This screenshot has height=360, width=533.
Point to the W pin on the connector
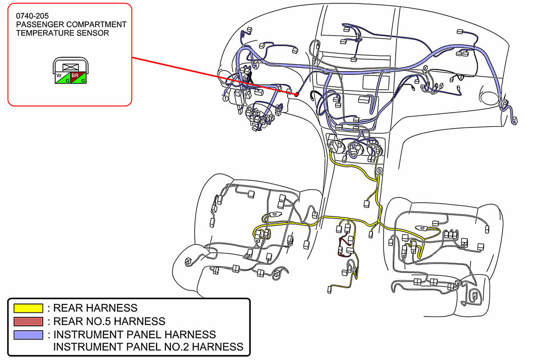coord(59,76)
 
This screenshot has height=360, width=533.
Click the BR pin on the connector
coord(75,75)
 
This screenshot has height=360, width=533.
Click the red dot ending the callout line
coord(296,94)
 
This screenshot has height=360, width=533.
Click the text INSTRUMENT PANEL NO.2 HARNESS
coord(148,347)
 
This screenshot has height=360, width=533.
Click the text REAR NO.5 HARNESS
coord(109,321)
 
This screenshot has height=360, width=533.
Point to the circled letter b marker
coord(379,170)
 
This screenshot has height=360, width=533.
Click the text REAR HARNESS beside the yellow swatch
coord(95,308)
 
